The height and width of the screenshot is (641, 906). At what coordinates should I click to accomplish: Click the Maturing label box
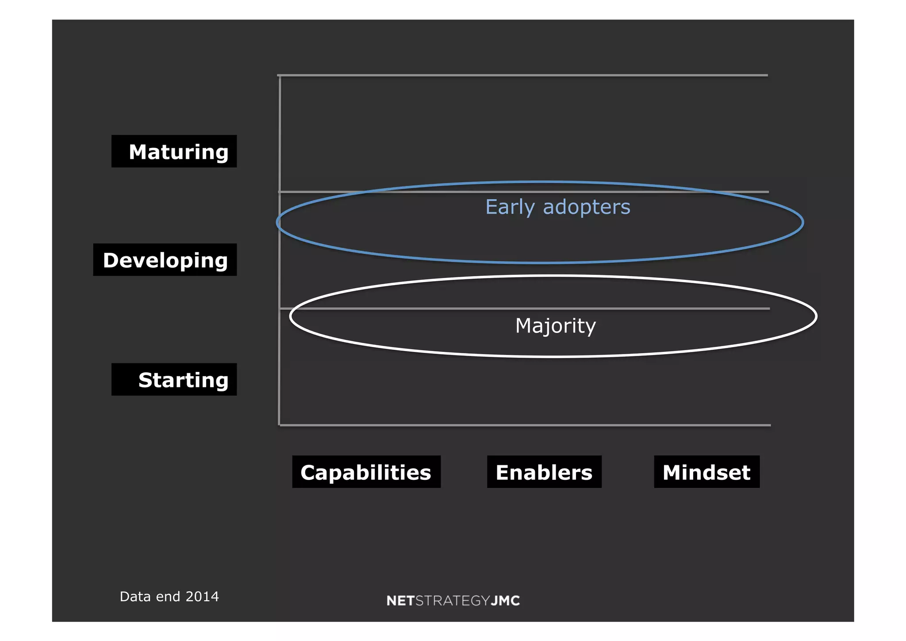(174, 151)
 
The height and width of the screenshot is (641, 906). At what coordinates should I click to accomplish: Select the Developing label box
(165, 260)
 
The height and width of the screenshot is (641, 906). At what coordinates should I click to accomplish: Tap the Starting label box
(174, 380)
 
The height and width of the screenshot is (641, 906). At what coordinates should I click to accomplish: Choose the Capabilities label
(366, 472)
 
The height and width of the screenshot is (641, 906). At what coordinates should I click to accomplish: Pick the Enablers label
(544, 472)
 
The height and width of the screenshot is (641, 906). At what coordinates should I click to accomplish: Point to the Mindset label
(706, 472)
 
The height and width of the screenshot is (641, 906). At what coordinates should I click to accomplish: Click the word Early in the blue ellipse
(511, 207)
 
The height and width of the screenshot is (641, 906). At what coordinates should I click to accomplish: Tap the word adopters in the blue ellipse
(587, 207)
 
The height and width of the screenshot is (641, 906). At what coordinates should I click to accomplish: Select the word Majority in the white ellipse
(556, 326)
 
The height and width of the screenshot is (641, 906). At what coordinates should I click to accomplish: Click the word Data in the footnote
(135, 597)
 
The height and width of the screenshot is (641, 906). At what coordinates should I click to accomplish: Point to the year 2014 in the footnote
(202, 597)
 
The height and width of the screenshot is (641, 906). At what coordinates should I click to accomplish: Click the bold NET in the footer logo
(400, 601)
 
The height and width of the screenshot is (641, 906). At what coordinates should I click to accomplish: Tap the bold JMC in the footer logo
(506, 601)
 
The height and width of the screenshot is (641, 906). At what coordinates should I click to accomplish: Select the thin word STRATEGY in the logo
(453, 601)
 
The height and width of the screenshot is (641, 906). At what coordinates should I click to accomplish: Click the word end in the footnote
(168, 597)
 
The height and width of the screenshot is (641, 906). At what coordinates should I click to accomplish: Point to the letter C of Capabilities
(308, 472)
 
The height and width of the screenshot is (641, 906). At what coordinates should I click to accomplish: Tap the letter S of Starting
(146, 380)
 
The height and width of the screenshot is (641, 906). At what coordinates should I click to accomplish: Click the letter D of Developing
(111, 260)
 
